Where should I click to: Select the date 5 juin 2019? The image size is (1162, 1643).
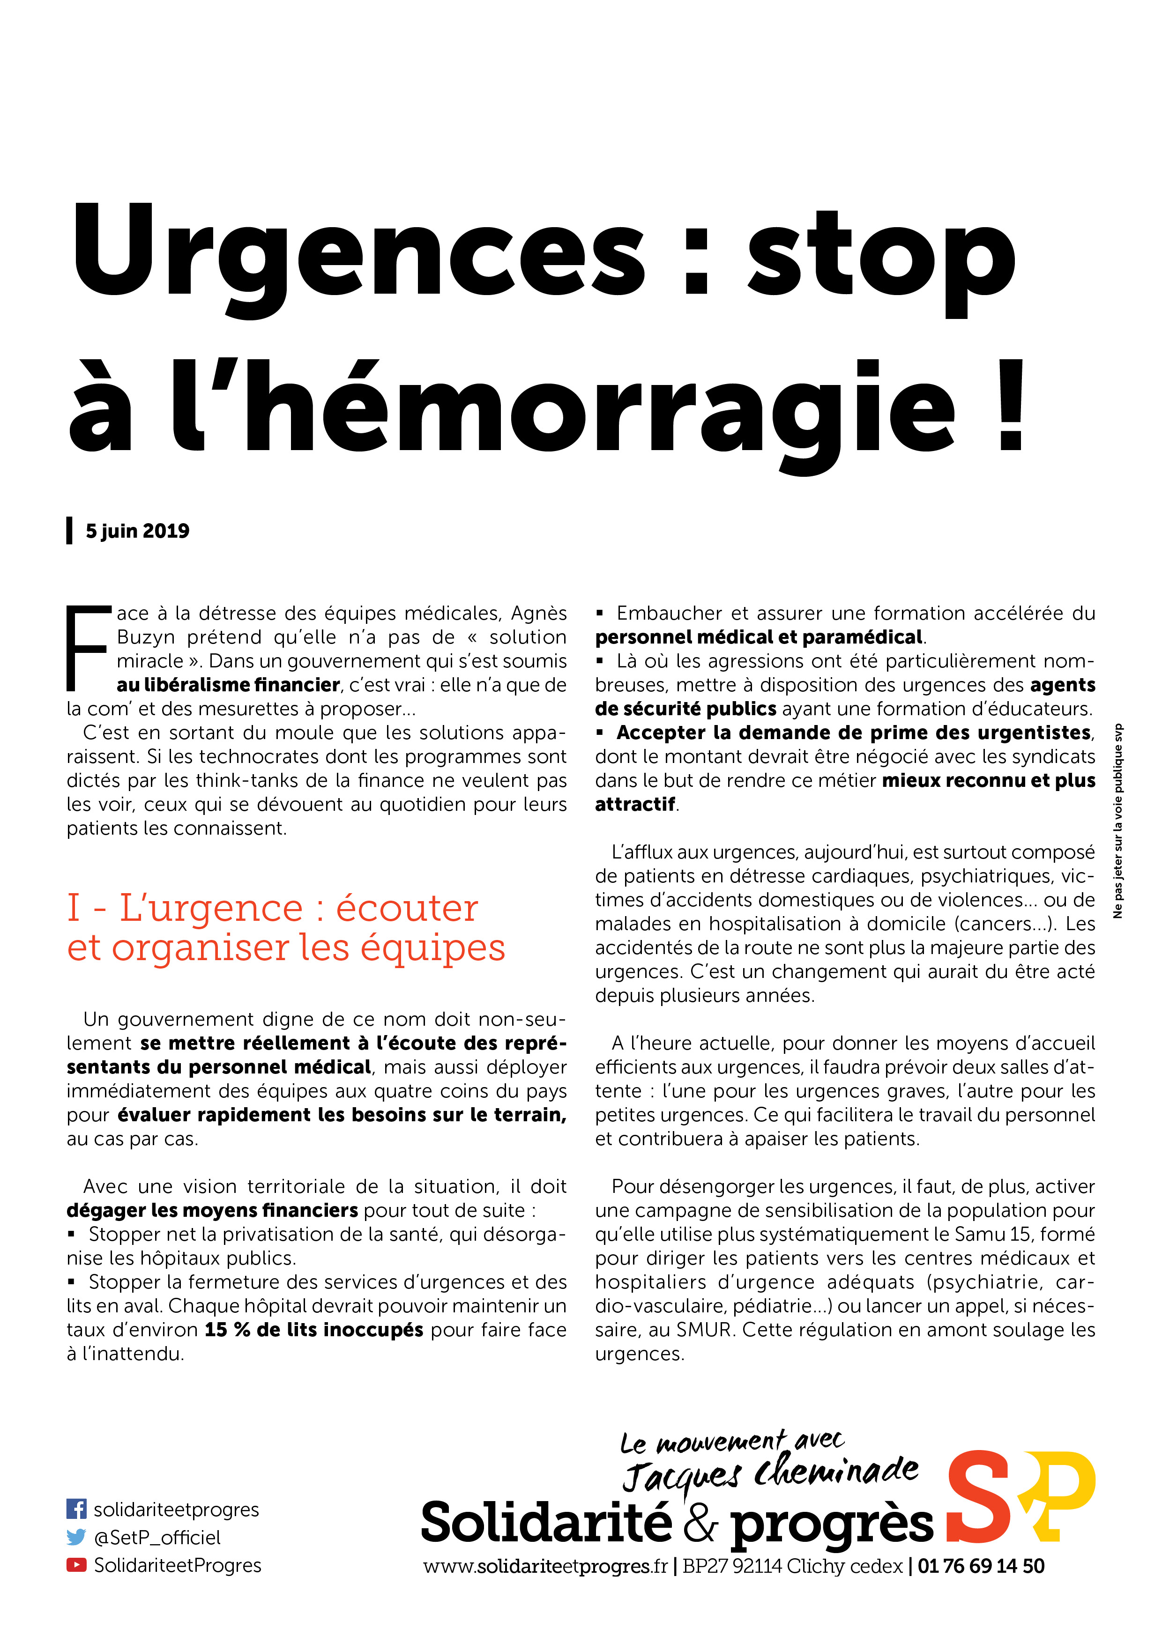137,531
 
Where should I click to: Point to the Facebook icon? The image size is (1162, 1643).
76,1509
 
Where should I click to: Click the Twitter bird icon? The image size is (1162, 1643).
76,1537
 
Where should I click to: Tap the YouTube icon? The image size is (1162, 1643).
76,1565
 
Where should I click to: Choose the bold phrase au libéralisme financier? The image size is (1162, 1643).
228,685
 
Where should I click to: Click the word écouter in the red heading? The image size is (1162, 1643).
407,908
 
